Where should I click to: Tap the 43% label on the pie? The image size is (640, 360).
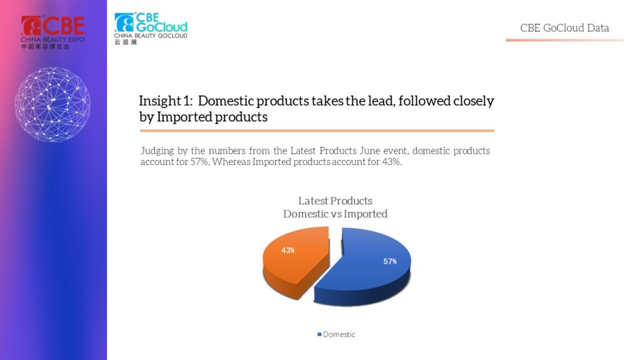287,250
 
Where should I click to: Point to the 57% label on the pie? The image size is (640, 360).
390,261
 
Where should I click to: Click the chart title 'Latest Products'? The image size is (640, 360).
335,201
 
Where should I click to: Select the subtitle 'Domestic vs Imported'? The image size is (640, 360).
335,214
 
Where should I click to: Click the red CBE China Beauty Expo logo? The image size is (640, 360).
52,32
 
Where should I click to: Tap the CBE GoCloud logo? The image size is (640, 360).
151,28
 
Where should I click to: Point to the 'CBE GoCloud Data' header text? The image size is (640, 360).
564,27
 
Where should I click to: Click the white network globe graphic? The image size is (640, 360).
52,104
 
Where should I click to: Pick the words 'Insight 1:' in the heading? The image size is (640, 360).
166,101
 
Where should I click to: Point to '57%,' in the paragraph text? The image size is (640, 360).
200,162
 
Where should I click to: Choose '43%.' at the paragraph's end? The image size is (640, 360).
392,162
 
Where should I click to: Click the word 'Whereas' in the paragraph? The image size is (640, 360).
231,162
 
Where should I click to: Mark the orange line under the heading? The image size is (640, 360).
317,131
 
